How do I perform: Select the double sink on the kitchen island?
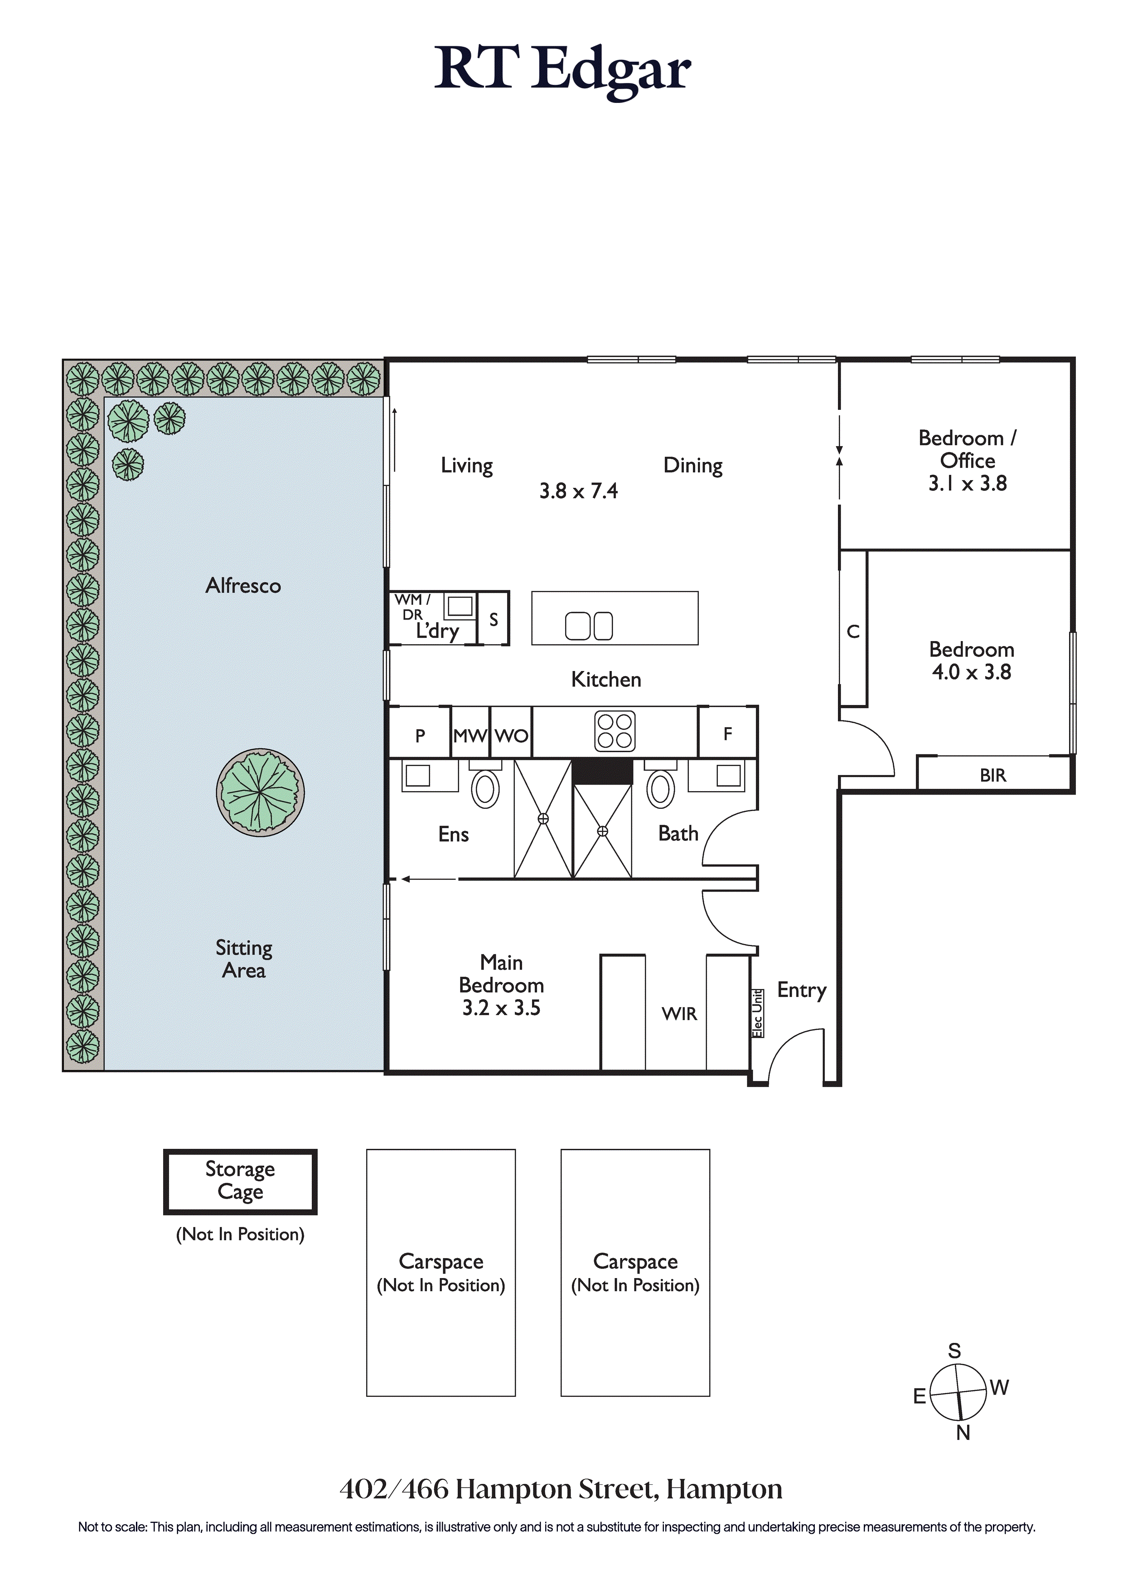click(x=589, y=626)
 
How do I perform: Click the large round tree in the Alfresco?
click(x=260, y=792)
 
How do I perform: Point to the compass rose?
click(x=958, y=1392)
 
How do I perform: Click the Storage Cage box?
click(x=240, y=1182)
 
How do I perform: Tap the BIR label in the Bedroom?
click(x=993, y=776)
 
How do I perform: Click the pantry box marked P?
click(x=420, y=733)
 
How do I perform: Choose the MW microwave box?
click(x=470, y=733)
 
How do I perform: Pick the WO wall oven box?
click(x=511, y=733)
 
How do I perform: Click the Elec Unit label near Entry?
click(x=757, y=1013)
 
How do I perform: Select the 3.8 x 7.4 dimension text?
click(x=579, y=491)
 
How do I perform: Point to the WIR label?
click(x=679, y=1014)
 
